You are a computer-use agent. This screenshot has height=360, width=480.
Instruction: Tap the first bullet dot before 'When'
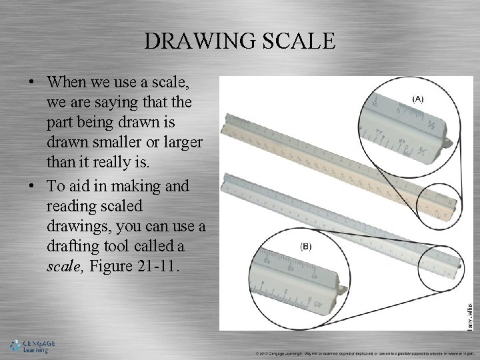coord(33,84)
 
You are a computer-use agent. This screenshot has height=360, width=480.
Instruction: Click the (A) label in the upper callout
coord(418,99)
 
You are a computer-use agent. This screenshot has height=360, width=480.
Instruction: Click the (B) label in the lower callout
coord(306,246)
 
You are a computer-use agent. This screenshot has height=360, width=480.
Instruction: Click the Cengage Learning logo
coord(31,346)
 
